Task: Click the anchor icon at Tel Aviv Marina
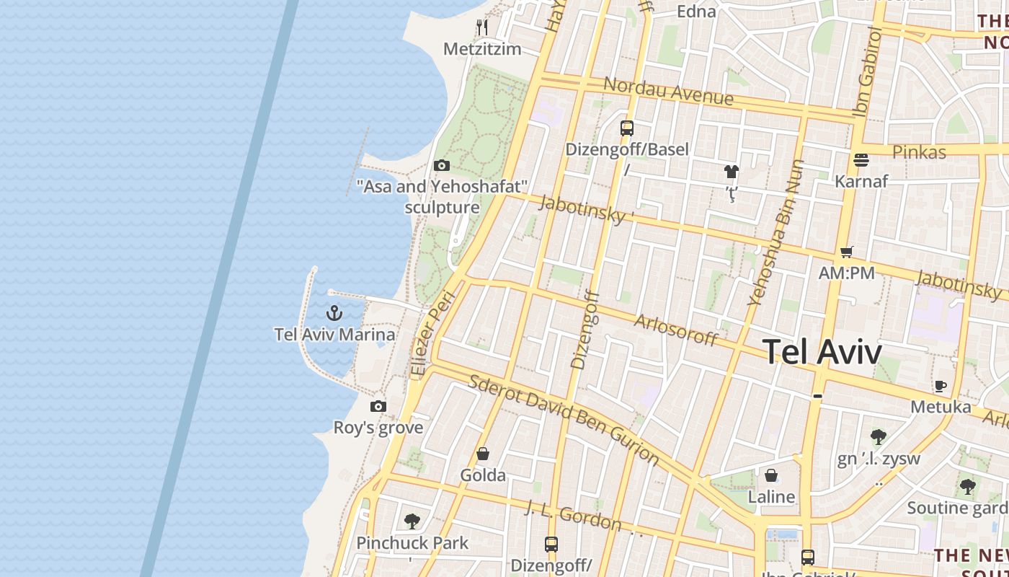tap(334, 313)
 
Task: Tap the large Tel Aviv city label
tap(822, 353)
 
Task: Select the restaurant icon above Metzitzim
tap(482, 27)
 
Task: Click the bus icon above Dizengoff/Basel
tap(627, 128)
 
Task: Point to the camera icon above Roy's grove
tap(378, 407)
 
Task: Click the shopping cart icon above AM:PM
tap(847, 252)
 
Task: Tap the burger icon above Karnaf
tap(861, 159)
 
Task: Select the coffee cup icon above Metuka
tap(941, 386)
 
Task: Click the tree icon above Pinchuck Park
tap(412, 521)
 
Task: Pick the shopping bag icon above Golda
tap(483, 454)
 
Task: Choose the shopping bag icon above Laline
tap(771, 475)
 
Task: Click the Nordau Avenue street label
tap(668, 91)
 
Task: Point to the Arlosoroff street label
tap(676, 330)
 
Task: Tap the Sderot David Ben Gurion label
tap(564, 420)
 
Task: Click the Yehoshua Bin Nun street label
tap(776, 232)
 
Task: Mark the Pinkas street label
tap(919, 152)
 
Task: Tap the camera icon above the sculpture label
tap(442, 166)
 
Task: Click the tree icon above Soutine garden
tap(967, 487)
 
